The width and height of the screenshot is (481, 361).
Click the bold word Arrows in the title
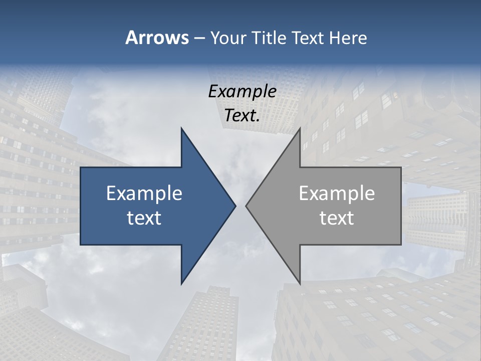pos(157,38)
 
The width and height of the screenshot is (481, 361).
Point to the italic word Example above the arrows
pos(242,91)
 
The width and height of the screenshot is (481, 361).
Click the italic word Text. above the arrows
pos(242,116)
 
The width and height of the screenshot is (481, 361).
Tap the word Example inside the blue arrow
pos(144,194)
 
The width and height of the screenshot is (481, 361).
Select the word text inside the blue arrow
pos(144,218)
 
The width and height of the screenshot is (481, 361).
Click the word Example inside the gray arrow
pos(337,194)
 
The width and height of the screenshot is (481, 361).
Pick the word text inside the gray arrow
pos(337,218)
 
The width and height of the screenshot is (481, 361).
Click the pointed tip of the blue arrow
pos(235,206)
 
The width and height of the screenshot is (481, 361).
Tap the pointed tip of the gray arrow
pos(246,206)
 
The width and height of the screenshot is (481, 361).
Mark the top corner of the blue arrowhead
pos(181,128)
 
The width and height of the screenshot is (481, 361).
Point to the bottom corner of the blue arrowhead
pos(181,284)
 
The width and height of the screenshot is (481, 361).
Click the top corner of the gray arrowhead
pos(300,128)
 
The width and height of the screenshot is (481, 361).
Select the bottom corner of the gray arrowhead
pos(300,284)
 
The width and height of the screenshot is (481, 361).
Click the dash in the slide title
pos(199,39)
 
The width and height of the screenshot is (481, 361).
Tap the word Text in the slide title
pos(308,38)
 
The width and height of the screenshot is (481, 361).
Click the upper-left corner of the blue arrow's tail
pos(81,167)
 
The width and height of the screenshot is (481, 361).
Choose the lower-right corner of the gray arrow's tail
pos(401,245)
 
